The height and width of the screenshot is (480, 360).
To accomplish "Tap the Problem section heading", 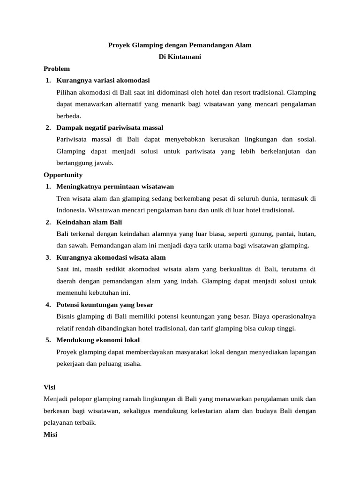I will [x=57, y=69].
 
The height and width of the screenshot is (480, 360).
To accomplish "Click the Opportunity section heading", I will [x=63, y=175].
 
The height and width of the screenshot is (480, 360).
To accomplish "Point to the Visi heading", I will [x=49, y=387].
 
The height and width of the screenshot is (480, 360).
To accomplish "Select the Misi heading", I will [x=50, y=435].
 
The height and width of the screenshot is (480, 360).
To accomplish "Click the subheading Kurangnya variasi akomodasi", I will [x=103, y=81].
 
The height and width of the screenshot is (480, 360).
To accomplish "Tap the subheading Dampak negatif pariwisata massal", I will [x=110, y=127].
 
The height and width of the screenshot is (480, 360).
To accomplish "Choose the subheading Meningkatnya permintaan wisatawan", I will [x=115, y=187].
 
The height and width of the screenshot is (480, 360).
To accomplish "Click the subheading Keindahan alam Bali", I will [x=89, y=222].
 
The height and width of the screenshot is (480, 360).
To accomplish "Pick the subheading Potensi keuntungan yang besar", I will [x=105, y=305].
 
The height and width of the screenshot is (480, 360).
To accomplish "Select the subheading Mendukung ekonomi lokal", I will [x=98, y=340].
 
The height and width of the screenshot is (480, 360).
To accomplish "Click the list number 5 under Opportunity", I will [x=48, y=340].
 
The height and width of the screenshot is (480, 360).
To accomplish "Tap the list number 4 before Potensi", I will [x=48, y=305].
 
